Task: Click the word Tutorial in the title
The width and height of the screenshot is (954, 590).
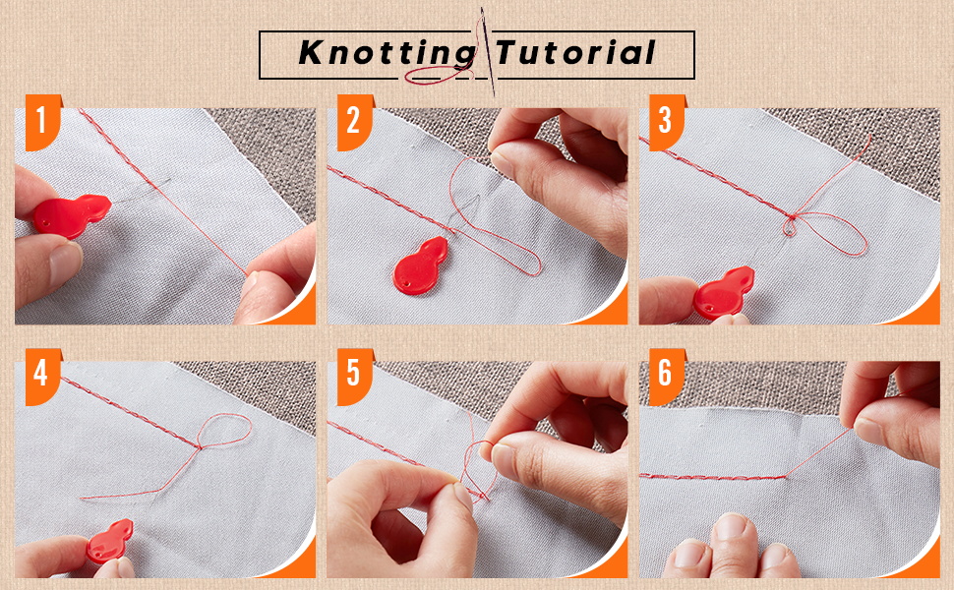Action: click(575, 53)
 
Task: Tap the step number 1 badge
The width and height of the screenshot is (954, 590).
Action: click(40, 121)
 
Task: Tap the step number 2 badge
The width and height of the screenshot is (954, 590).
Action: click(354, 121)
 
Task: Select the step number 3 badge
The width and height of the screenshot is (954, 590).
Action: click(666, 121)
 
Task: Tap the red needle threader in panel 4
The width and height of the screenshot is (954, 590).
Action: click(109, 542)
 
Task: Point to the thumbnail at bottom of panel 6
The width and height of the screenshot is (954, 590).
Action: click(733, 527)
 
